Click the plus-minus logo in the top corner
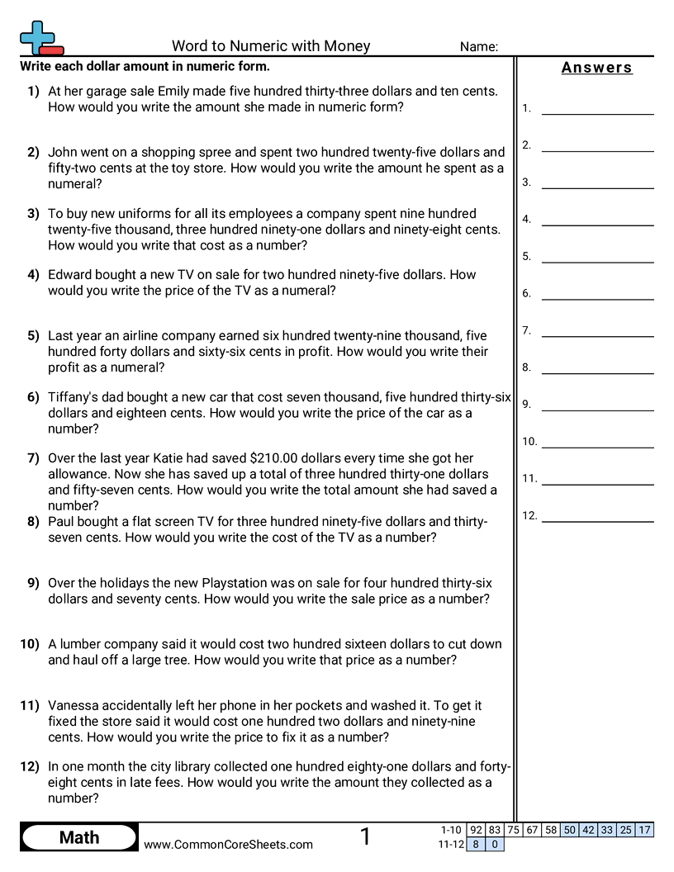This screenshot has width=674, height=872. [x=40, y=38]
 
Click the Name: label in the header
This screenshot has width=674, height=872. [x=478, y=47]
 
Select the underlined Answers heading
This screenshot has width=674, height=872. [x=596, y=68]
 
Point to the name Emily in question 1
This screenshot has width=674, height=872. [x=173, y=91]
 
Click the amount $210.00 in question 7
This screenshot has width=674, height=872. [x=278, y=458]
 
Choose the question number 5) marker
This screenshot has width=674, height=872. [x=33, y=335]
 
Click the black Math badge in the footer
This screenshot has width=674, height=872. [x=79, y=837]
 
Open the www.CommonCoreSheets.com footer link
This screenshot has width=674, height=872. [x=229, y=844]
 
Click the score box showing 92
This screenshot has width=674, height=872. [x=475, y=830]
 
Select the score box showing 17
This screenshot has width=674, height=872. [x=645, y=830]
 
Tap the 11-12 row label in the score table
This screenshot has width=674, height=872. [x=451, y=844]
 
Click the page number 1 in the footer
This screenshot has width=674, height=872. [x=366, y=837]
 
